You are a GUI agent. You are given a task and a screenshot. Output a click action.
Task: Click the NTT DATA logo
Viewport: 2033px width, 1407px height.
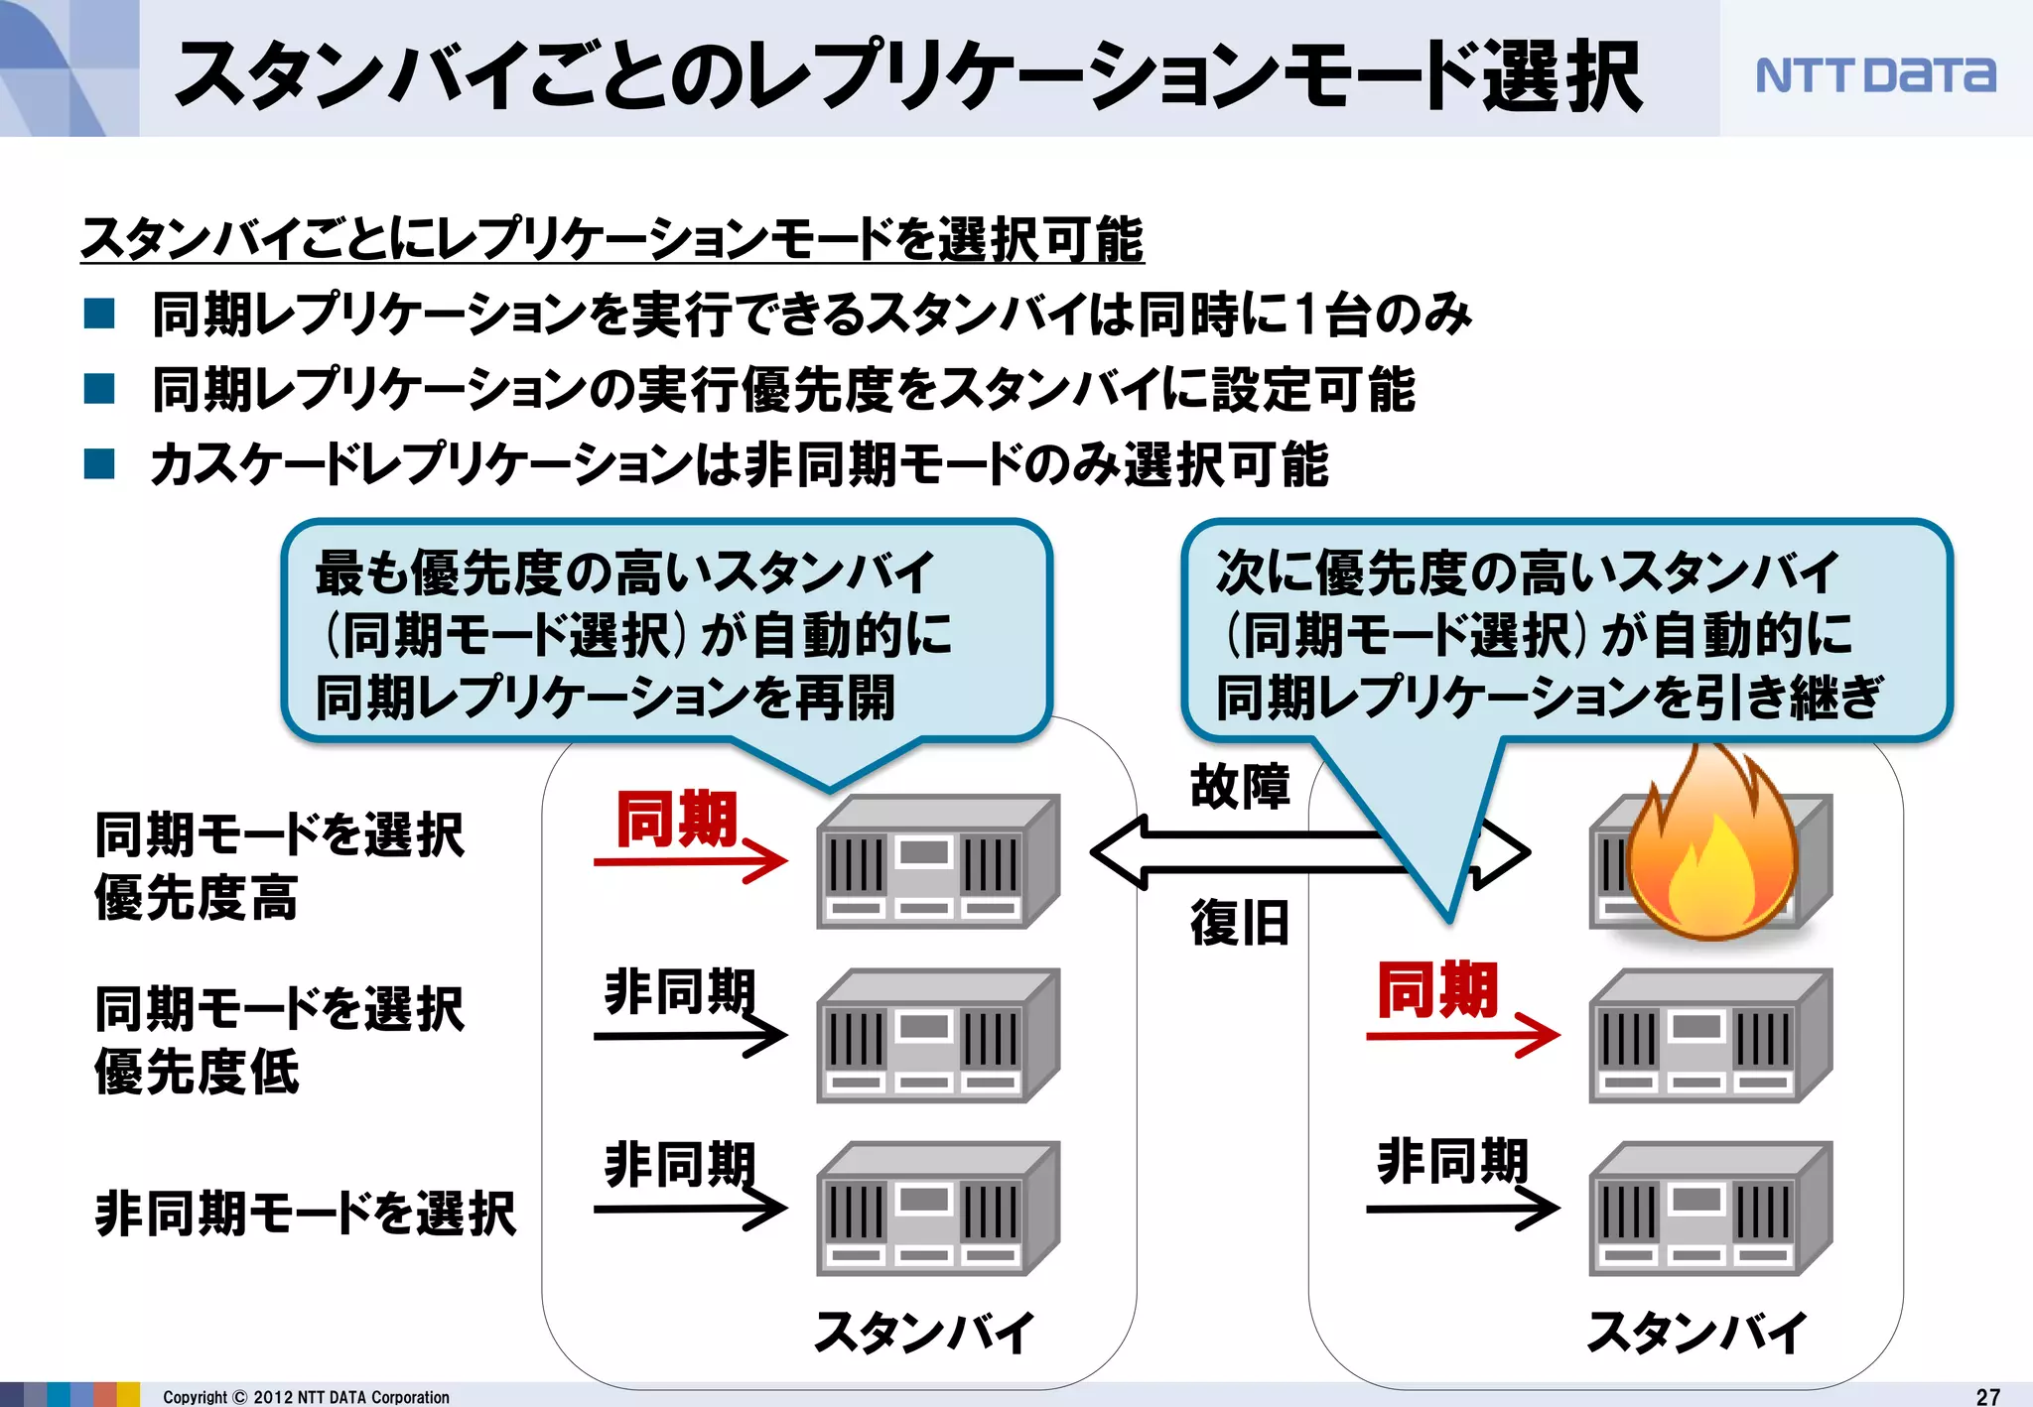(1874, 74)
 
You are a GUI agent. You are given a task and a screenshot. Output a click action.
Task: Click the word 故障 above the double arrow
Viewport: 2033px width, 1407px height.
(1240, 787)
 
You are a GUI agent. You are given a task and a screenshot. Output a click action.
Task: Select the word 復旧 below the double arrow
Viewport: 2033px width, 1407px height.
(1240, 923)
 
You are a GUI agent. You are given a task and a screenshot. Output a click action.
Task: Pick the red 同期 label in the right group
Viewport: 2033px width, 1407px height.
(1437, 989)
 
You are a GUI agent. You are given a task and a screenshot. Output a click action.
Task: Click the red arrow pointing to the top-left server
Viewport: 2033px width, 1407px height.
(690, 860)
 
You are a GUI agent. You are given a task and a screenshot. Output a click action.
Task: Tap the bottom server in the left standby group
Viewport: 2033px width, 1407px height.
(937, 1209)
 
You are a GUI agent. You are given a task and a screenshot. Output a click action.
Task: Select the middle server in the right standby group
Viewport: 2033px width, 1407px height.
(1709, 1036)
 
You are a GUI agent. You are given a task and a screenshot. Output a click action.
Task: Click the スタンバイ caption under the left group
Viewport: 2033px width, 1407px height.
(924, 1332)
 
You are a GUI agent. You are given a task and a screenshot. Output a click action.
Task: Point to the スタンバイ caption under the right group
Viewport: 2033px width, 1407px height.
(1696, 1332)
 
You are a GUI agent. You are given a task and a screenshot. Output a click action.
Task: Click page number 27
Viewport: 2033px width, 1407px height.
(1987, 1396)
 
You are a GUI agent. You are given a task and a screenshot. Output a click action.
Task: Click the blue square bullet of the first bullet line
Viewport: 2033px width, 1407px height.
(99, 314)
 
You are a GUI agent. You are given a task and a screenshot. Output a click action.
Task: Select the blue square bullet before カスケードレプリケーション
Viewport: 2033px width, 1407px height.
(99, 463)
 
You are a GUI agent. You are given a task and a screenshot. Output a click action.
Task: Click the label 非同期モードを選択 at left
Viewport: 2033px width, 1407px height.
(305, 1214)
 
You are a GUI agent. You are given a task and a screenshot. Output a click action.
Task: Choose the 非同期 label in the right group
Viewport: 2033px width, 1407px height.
(1451, 1161)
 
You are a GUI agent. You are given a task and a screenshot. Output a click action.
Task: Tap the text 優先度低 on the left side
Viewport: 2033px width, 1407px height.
(197, 1072)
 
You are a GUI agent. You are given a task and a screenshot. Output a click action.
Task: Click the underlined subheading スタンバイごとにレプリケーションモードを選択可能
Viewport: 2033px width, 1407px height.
(611, 239)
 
